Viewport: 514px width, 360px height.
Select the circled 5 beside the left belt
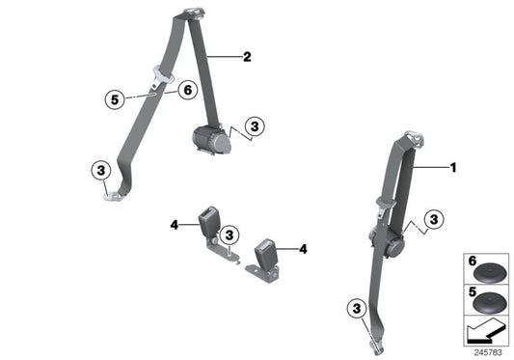point(114,97)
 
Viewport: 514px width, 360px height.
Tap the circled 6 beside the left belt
point(186,89)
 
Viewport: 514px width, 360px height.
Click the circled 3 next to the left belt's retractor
point(254,125)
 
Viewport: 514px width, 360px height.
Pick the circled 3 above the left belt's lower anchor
point(100,171)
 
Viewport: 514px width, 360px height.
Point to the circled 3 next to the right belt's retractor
point(435,220)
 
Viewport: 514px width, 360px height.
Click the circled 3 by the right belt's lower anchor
point(357,309)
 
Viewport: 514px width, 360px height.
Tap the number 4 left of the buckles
point(176,226)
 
